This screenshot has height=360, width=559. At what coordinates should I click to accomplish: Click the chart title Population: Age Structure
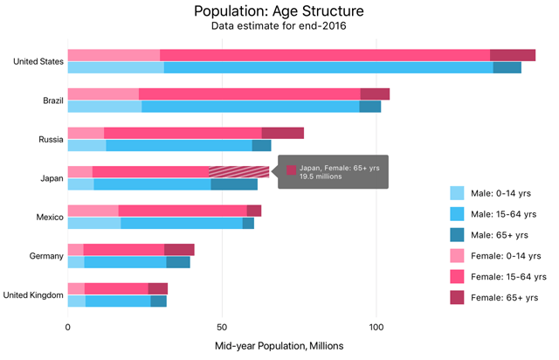click(279, 11)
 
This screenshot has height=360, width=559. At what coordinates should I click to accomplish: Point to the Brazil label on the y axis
click(52, 100)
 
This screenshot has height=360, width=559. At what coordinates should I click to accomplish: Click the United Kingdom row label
click(33, 294)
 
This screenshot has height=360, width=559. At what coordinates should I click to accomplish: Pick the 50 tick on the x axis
click(222, 327)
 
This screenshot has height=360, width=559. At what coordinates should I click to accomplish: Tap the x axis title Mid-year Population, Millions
click(279, 346)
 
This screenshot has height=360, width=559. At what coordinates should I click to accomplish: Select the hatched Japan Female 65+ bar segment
click(239, 171)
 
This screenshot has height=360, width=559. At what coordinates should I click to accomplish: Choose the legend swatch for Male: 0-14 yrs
click(458, 192)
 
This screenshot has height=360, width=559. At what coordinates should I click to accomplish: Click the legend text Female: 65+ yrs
click(508, 297)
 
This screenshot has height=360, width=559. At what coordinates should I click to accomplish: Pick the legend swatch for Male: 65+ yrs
click(458, 234)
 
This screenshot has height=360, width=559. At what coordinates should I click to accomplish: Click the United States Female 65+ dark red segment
click(513, 55)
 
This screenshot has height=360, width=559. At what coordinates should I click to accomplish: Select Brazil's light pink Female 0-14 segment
click(103, 93)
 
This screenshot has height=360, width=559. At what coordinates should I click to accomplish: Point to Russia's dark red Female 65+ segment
click(282, 133)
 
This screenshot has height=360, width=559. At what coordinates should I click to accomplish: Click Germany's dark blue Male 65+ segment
click(178, 262)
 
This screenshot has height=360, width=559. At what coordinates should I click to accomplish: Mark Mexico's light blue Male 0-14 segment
click(94, 223)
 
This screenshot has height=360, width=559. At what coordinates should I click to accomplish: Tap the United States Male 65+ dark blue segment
click(507, 67)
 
